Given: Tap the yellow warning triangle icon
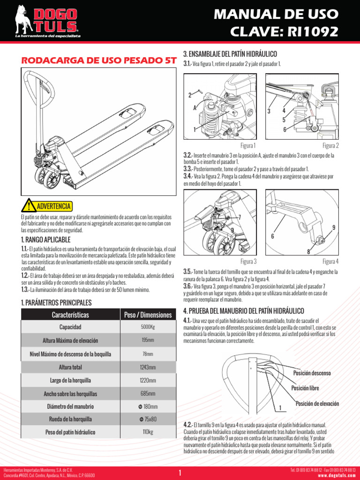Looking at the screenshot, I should pyautogui.click(x=29, y=206).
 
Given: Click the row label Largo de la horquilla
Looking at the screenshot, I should pyautogui.click(x=70, y=380).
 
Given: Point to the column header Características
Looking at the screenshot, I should pyautogui.click(x=70, y=314).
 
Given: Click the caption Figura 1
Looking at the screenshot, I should pyautogui.click(x=248, y=146).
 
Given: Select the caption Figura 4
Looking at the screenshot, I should pyautogui.click(x=330, y=261).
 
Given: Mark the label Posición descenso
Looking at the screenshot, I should pyautogui.click(x=312, y=373).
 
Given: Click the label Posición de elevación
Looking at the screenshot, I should pyautogui.click(x=317, y=404).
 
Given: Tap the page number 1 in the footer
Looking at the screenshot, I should pyautogui.click(x=180, y=472).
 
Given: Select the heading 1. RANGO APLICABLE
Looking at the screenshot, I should pyautogui.click(x=45, y=240).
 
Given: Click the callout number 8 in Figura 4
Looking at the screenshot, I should pyautogui.click(x=308, y=252).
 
